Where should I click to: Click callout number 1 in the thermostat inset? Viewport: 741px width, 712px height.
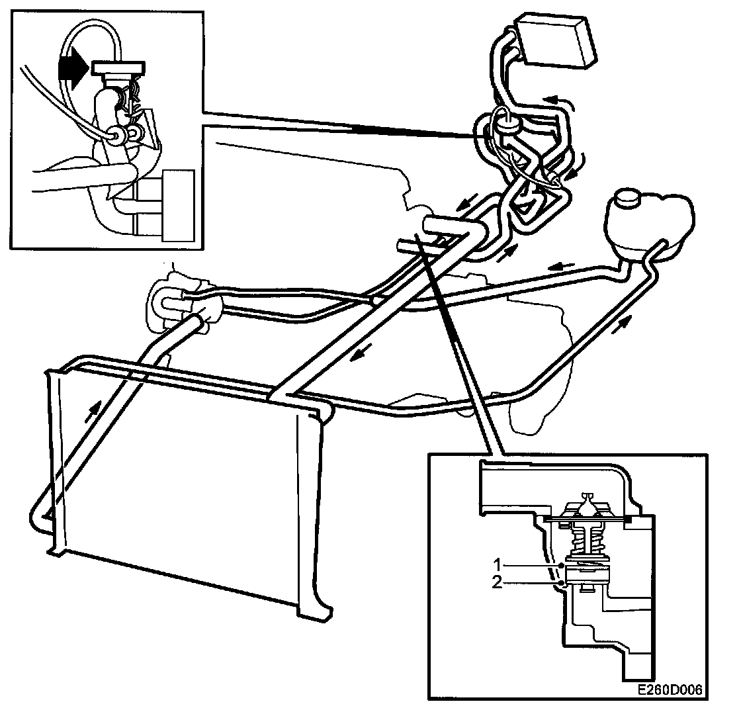tap(498, 564)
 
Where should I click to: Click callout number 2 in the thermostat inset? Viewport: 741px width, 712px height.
tap(498, 582)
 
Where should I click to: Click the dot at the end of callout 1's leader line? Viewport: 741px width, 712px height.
tap(561, 565)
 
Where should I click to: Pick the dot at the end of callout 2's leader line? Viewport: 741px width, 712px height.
tap(561, 583)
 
